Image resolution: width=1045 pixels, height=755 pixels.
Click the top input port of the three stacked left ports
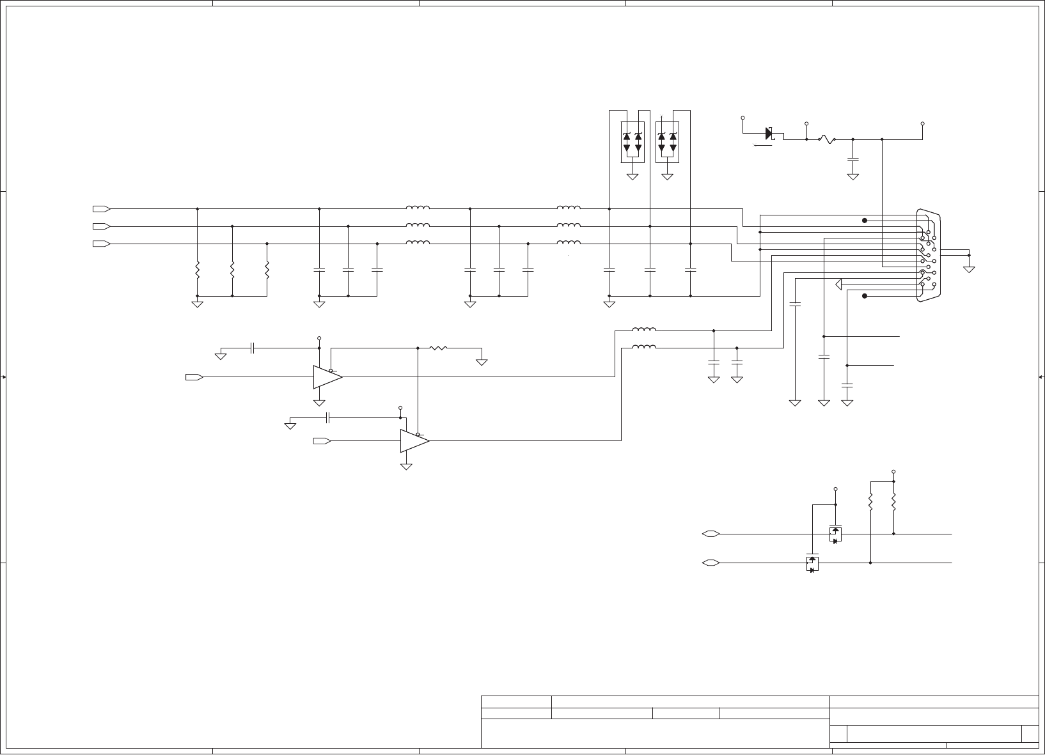click(x=101, y=209)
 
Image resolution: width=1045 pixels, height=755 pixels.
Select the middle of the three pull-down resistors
click(x=232, y=270)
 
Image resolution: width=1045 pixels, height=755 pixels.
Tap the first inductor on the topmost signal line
click(x=418, y=208)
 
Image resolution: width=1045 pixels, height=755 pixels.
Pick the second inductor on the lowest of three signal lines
click(x=569, y=242)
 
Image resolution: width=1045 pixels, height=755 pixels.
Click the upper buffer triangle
click(x=327, y=377)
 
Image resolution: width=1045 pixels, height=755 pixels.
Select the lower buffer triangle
click(x=414, y=441)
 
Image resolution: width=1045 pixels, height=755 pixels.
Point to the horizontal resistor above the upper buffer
click(x=438, y=348)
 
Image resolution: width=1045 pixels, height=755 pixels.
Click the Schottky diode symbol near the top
click(x=769, y=134)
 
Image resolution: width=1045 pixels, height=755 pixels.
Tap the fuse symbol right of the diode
click(x=827, y=139)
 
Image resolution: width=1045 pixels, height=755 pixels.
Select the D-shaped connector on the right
click(x=929, y=255)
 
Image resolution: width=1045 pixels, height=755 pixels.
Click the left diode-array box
click(x=632, y=140)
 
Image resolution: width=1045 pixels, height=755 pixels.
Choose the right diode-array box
click(x=667, y=140)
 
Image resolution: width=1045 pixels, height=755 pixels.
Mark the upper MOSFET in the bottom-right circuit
click(x=835, y=534)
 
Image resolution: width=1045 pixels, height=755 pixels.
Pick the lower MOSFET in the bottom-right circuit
click(x=812, y=563)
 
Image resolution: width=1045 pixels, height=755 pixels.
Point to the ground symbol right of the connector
click(x=970, y=269)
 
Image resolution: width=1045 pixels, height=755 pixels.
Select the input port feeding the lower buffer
click(x=322, y=441)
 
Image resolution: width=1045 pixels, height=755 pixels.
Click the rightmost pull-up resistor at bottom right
click(x=893, y=501)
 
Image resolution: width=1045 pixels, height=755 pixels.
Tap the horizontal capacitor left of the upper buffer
click(x=253, y=348)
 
